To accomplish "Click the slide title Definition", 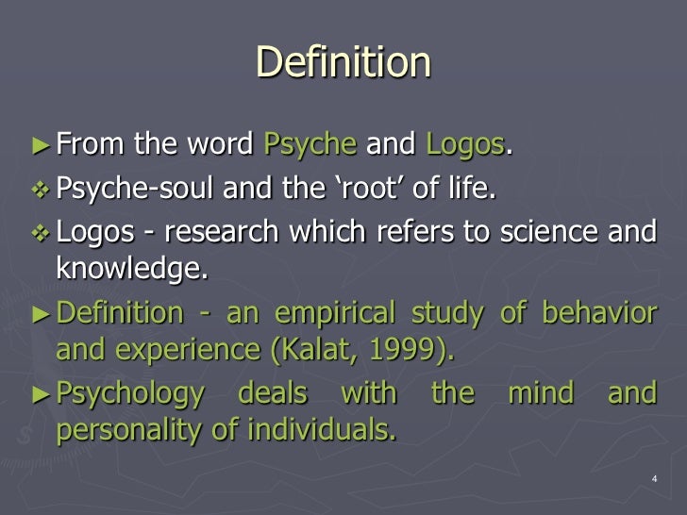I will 343,64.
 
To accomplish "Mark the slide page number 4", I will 654,480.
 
